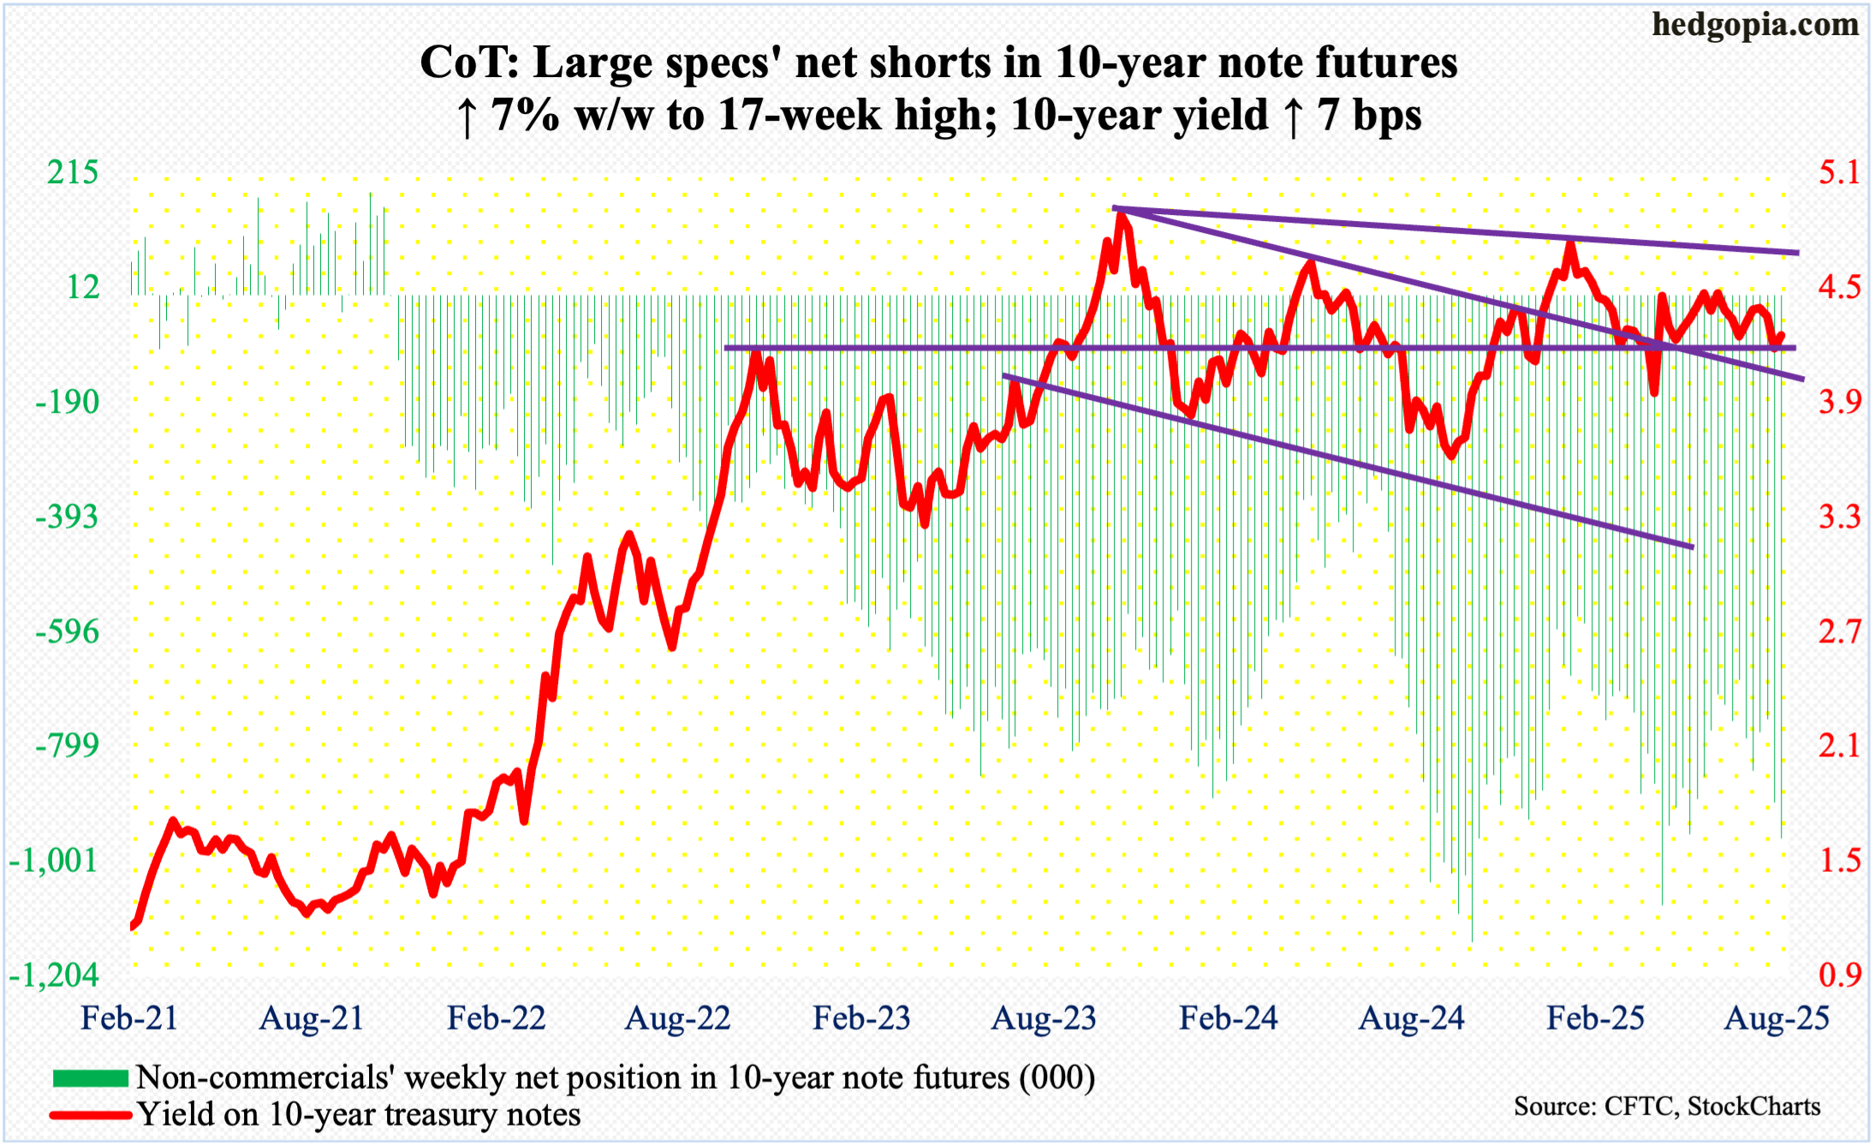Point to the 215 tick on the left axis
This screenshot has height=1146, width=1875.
tap(73, 173)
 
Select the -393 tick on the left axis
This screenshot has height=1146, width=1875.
tap(67, 517)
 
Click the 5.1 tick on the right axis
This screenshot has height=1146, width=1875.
tap(1839, 173)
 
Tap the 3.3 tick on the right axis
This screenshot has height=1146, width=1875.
tap(1839, 517)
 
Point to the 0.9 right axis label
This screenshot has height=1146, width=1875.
tap(1839, 976)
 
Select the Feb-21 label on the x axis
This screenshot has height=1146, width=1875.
tap(129, 1018)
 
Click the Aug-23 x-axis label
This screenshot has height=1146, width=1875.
tap(1044, 1018)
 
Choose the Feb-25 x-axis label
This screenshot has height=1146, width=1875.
tap(1595, 1018)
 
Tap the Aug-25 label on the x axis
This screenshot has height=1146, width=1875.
tap(1777, 1018)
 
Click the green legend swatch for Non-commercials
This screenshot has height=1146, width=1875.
tap(90, 1077)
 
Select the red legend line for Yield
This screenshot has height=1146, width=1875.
tap(90, 1115)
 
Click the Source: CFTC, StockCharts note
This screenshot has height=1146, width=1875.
tap(1667, 1107)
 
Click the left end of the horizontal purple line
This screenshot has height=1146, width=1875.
tap(726, 348)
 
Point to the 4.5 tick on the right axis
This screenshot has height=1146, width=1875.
tap(1839, 288)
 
